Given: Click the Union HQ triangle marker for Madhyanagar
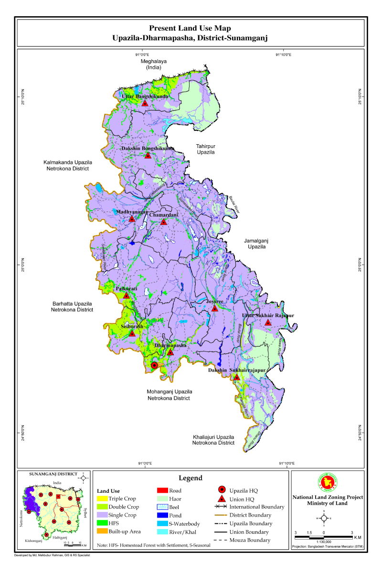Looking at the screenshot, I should click(x=132, y=219).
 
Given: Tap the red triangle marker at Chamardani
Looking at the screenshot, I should click(x=163, y=222).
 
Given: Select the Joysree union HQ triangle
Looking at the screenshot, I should click(x=215, y=308).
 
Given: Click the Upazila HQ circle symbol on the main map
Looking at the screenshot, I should click(x=154, y=365).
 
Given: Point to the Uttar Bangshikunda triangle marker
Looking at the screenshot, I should click(x=145, y=103).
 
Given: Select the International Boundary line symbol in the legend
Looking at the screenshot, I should click(x=221, y=507).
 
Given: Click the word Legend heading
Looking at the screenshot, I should click(x=191, y=478).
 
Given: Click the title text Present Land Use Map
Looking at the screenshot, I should click(x=190, y=29).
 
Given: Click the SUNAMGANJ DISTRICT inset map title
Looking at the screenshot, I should click(x=53, y=474).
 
